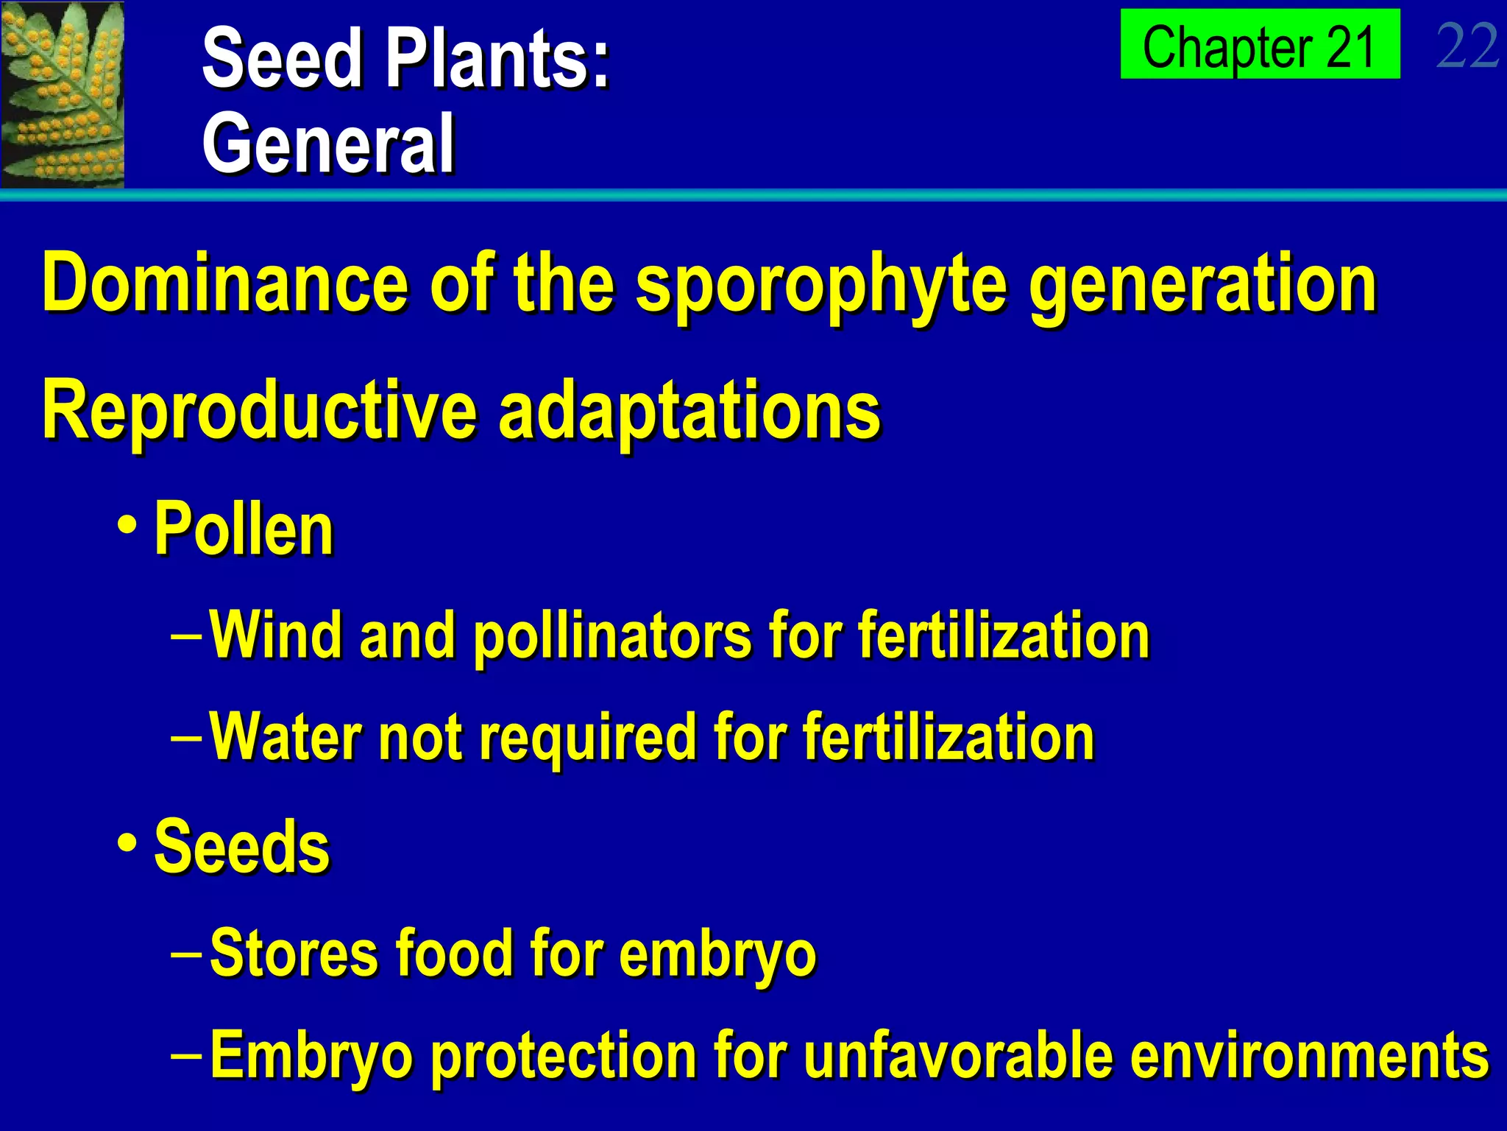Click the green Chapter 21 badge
[x=1259, y=44]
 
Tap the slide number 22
[x=1467, y=46]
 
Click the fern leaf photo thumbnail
[x=63, y=94]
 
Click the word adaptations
[x=689, y=411]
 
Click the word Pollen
[x=244, y=529]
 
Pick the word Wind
[x=277, y=635]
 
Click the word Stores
[x=294, y=953]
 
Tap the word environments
[x=1310, y=1056]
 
